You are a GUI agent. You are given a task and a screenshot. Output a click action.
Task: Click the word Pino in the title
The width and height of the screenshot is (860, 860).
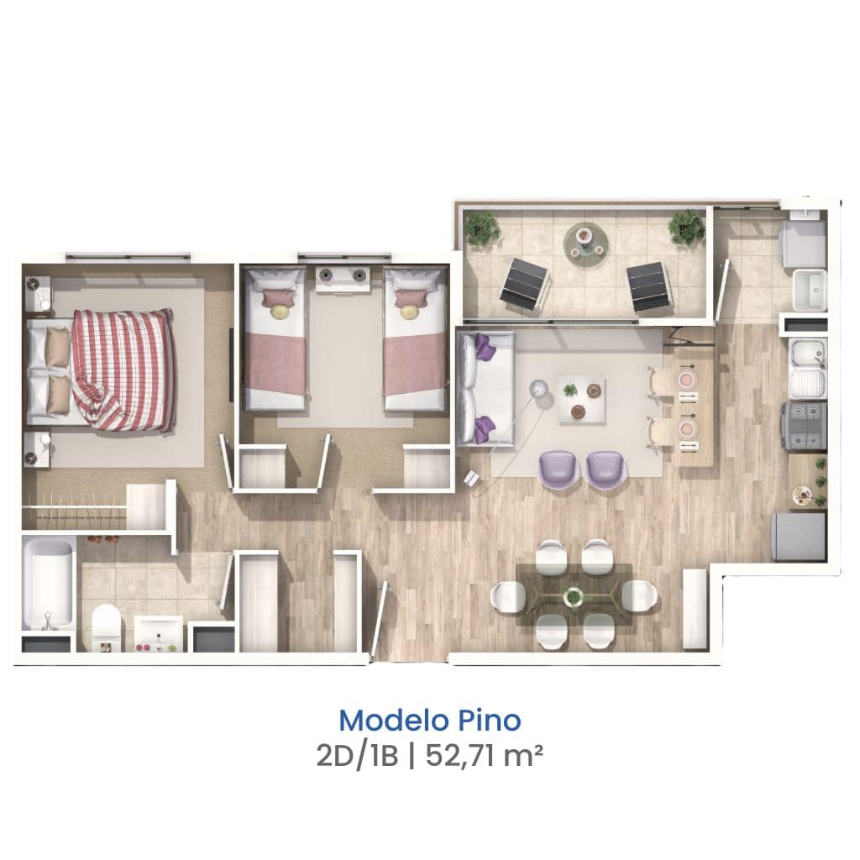point(490,721)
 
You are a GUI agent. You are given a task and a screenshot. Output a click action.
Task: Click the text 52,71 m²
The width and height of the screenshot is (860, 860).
point(484,757)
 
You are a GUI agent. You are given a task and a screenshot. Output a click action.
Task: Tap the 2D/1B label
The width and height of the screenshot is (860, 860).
point(357,757)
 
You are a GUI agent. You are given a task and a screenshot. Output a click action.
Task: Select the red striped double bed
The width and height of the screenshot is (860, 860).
point(101,370)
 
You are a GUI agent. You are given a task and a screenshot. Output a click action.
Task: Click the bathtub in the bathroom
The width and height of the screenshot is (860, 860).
point(48,585)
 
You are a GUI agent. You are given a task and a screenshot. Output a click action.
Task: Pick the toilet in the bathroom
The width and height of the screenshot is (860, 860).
point(106,627)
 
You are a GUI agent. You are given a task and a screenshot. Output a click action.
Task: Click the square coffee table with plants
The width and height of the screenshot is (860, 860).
point(582,399)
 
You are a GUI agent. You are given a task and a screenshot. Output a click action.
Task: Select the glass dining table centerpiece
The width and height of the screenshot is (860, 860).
point(574,596)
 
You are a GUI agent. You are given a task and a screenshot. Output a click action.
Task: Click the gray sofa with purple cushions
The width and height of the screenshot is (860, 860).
point(485,388)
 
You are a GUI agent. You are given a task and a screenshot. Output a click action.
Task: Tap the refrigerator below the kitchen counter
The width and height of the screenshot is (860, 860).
point(800,537)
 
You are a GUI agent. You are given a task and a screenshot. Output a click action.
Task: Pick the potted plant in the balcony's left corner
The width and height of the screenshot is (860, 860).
point(481,228)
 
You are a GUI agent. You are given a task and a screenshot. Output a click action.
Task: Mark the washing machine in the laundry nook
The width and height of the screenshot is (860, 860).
point(802,244)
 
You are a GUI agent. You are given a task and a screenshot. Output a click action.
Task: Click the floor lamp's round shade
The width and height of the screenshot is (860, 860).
point(542,388)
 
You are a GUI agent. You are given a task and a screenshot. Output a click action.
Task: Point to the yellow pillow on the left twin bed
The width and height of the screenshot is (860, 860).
point(281,311)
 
